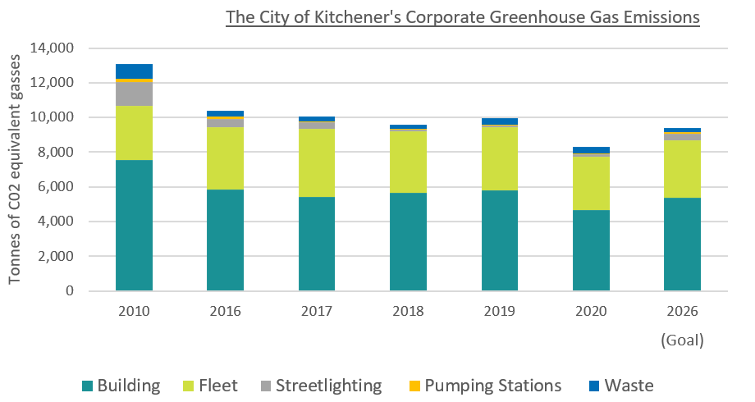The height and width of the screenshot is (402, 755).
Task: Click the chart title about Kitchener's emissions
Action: pyautogui.click(x=462, y=16)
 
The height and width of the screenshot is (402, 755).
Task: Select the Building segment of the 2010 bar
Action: pyautogui.click(x=134, y=226)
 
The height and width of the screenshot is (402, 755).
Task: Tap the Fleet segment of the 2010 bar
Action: pyautogui.click(x=134, y=133)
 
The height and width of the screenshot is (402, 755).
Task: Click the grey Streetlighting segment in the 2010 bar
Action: pyautogui.click(x=134, y=94)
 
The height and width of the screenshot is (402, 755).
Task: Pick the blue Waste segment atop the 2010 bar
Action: pyautogui.click(x=134, y=71)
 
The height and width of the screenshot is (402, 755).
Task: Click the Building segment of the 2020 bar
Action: pyautogui.click(x=591, y=250)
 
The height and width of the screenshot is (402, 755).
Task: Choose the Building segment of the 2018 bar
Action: pyautogui.click(x=408, y=241)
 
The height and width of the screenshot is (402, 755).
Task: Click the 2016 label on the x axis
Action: pyautogui.click(x=225, y=311)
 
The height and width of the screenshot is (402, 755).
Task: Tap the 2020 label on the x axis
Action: pyautogui.click(x=591, y=311)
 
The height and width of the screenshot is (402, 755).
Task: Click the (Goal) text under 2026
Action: pyautogui.click(x=682, y=338)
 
